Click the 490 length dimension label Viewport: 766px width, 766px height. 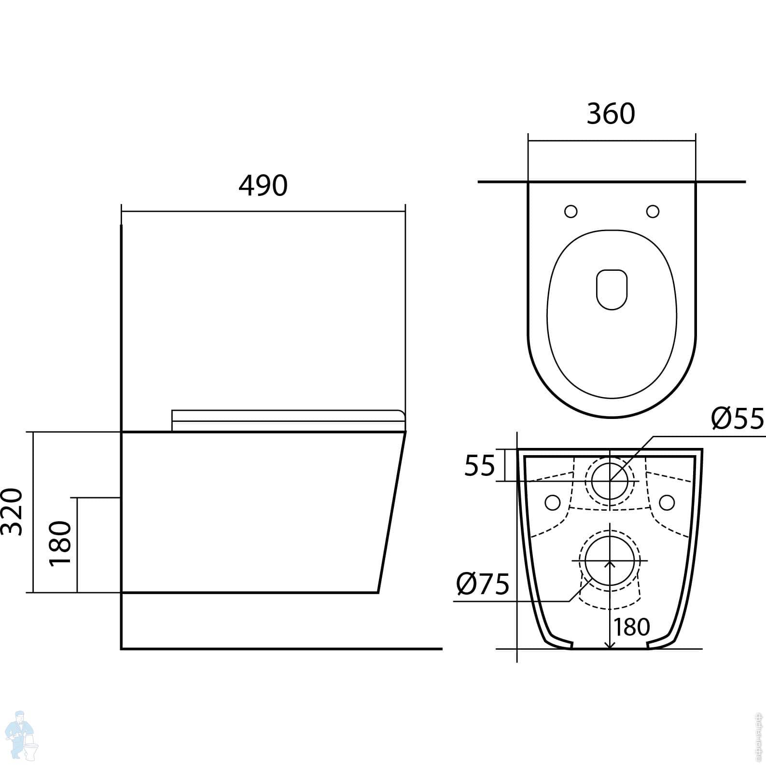click(263, 186)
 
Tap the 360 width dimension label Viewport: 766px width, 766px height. click(611, 114)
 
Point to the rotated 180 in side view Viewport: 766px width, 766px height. click(61, 543)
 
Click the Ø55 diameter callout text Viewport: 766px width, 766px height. click(738, 418)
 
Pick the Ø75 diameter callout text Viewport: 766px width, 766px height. click(483, 585)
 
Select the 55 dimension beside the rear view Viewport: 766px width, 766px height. click(480, 466)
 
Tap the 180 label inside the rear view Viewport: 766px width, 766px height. click(632, 627)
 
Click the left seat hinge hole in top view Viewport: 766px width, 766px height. click(571, 211)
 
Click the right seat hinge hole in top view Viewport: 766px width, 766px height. click(653, 211)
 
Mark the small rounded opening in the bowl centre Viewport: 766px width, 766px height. click(612, 289)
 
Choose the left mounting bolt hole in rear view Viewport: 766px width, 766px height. click(553, 502)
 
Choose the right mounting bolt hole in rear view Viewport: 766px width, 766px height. click(667, 502)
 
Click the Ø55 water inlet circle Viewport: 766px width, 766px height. click(610, 481)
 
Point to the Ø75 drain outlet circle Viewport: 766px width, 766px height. click(610, 561)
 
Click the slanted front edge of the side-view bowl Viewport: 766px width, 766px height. click(391, 512)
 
